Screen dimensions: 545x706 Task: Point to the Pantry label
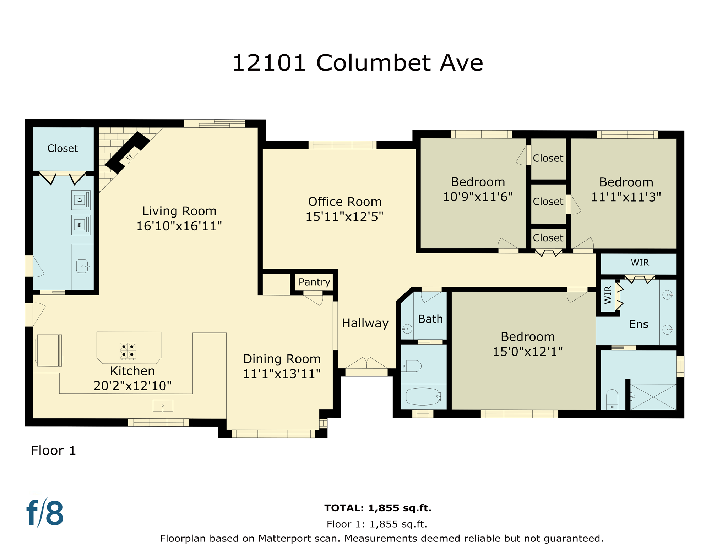314,282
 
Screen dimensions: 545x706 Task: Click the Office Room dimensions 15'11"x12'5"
344,216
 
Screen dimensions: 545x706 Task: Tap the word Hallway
365,323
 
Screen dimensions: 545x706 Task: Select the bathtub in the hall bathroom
423,396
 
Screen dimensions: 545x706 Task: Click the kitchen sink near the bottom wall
163,406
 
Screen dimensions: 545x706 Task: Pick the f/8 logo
45,513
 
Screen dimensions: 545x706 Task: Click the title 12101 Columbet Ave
357,63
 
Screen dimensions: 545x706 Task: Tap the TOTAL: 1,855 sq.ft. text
378,508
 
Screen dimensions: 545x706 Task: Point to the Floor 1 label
53,451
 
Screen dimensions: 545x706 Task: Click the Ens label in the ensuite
639,324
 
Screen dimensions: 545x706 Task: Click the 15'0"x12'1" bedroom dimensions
528,352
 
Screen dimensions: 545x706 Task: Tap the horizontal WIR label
640,263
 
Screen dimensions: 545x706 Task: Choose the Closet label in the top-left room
63,148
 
